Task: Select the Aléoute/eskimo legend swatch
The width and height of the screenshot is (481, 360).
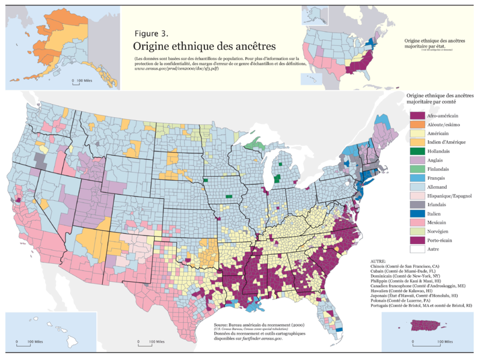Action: tap(417, 124)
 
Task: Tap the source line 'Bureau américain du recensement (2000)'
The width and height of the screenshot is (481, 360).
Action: tap(253, 325)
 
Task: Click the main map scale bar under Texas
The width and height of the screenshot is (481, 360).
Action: tap(147, 343)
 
